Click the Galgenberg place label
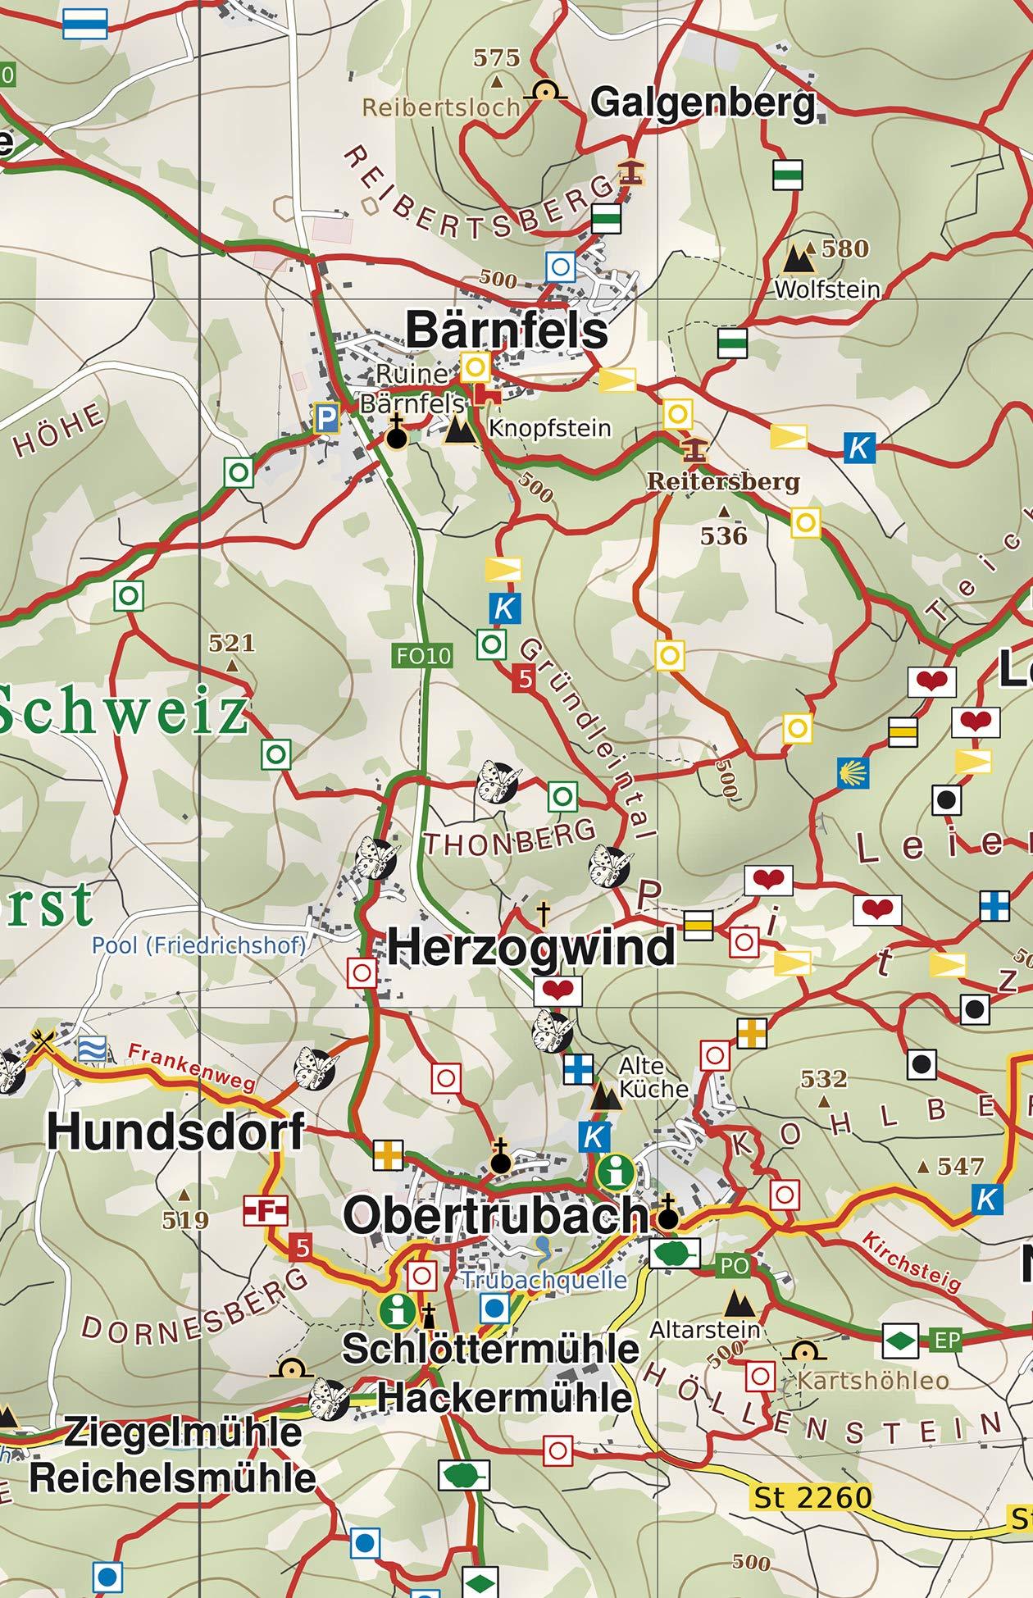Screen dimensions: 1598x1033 (703, 103)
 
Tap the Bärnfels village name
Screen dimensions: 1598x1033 (507, 330)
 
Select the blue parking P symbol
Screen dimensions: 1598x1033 (326, 419)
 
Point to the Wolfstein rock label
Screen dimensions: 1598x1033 (826, 289)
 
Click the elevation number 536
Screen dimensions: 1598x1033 (724, 536)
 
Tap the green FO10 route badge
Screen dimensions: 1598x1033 (423, 655)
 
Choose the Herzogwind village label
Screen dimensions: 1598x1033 (531, 948)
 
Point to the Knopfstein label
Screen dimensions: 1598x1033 (549, 428)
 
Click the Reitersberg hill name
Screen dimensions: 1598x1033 (723, 481)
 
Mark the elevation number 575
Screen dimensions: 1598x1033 (497, 58)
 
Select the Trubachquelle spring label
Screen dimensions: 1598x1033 (544, 1280)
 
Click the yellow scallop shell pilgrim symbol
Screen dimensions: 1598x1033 (853, 772)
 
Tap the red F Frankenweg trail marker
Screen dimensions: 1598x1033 (266, 1209)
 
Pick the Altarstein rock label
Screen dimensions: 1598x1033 (705, 1329)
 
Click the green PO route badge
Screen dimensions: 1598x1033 (734, 1266)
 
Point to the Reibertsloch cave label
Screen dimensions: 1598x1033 (441, 107)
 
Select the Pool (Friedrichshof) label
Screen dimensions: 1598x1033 (198, 945)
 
